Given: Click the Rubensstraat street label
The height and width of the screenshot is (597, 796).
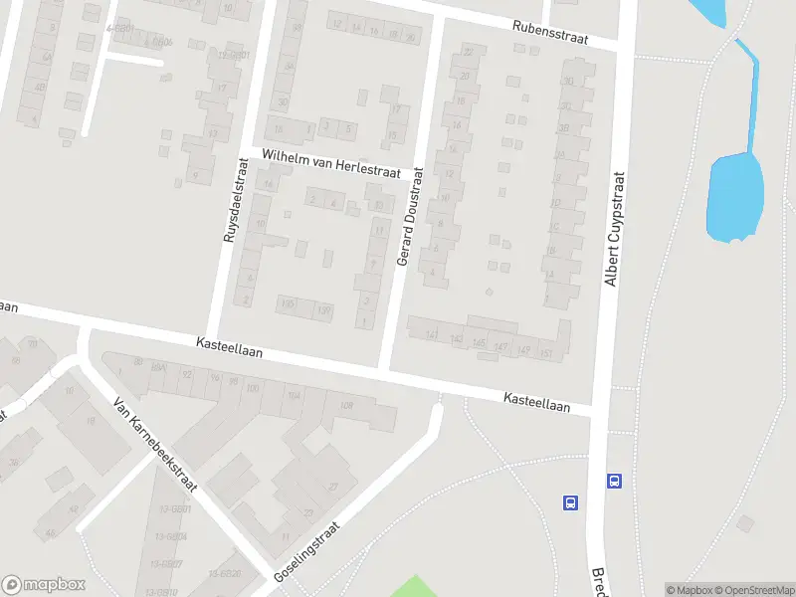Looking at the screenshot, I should pyautogui.click(x=550, y=34).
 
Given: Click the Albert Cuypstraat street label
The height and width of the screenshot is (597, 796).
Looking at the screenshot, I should pyautogui.click(x=616, y=230).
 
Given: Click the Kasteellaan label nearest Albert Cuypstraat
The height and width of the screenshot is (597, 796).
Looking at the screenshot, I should pyautogui.click(x=537, y=401).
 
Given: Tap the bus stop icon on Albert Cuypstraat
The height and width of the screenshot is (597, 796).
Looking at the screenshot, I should pyautogui.click(x=614, y=481).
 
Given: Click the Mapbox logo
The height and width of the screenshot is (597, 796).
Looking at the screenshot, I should pyautogui.click(x=45, y=584).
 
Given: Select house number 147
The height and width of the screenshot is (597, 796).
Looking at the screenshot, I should pyautogui.click(x=501, y=347).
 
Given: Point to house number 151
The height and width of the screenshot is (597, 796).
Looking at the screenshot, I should pyautogui.click(x=545, y=352).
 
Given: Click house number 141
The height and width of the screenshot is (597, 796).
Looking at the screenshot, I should pyautogui.click(x=431, y=336).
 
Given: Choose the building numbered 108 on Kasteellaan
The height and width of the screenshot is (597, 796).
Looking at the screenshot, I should pyautogui.click(x=346, y=405).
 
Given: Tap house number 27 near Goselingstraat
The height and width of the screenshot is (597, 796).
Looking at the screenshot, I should pyautogui.click(x=333, y=487).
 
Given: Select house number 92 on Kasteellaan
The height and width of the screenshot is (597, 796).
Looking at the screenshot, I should pyautogui.click(x=187, y=374).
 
